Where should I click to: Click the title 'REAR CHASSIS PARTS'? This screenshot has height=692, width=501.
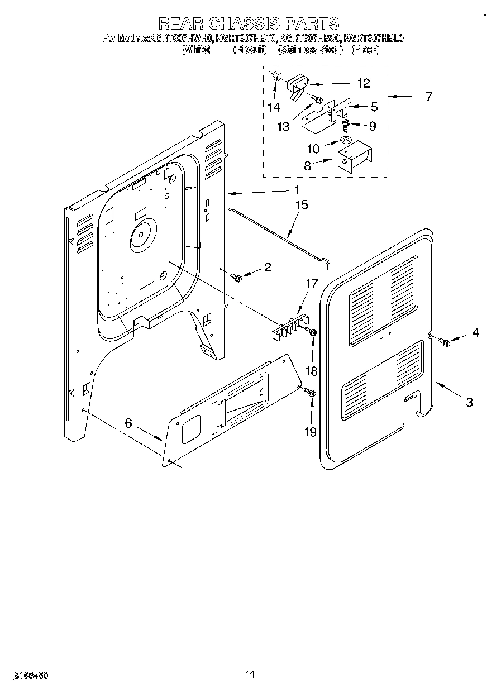249,23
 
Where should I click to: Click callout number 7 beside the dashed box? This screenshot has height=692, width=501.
428,96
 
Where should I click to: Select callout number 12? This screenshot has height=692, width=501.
363,83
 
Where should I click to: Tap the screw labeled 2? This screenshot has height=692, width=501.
237,276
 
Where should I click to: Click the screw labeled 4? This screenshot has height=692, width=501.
445,341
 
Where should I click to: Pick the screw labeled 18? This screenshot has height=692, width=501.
313,333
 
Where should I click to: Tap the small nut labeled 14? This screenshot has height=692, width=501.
275,78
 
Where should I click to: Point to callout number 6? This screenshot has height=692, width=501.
128,424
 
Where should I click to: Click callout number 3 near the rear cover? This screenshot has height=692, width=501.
469,402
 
